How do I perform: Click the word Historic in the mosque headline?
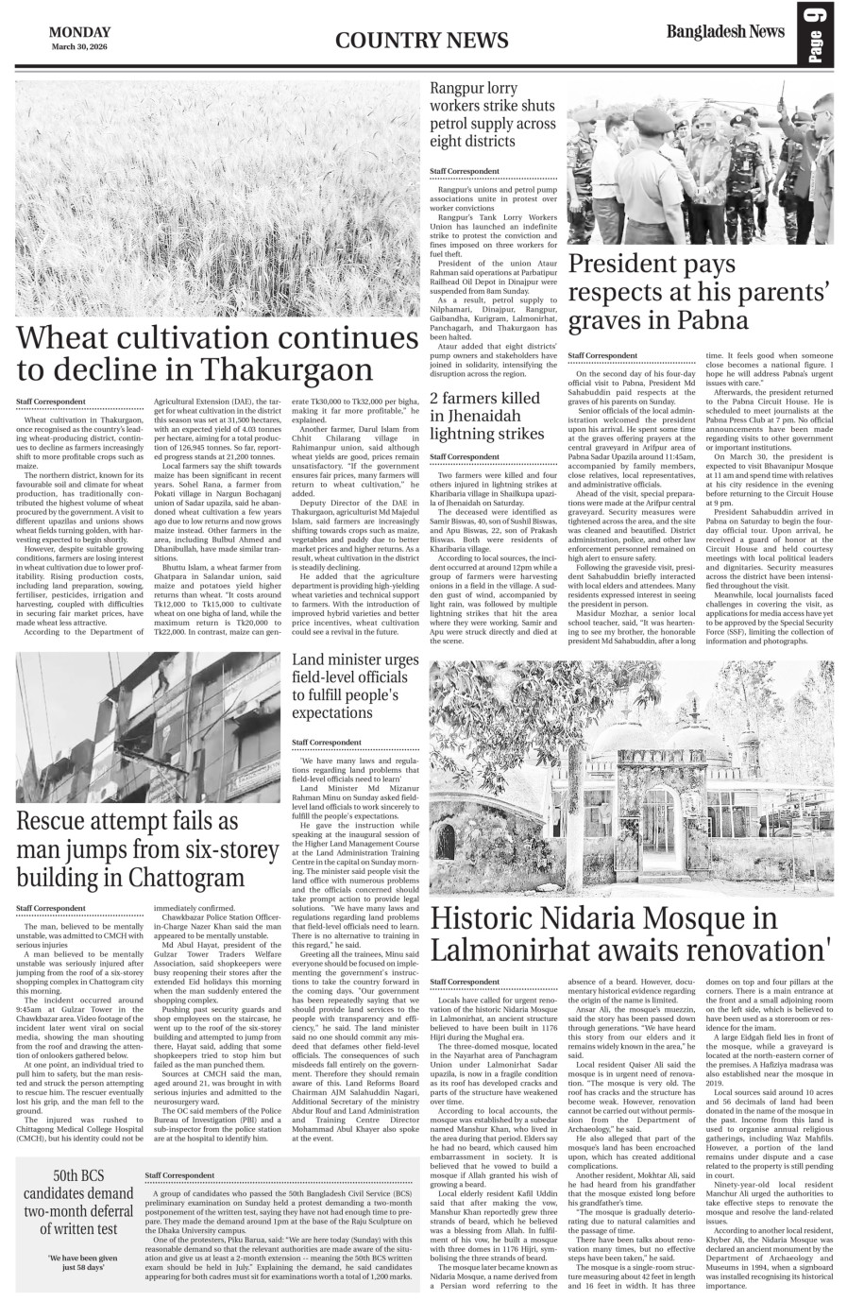493,917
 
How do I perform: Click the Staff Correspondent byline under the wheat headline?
50,402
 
